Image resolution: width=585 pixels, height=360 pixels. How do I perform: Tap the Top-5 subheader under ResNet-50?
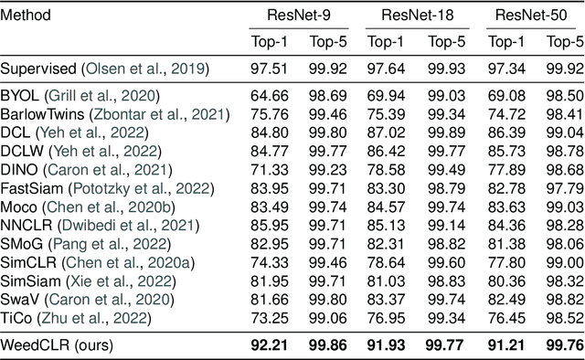pyautogui.click(x=564, y=42)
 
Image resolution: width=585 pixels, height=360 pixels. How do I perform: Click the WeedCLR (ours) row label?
pyautogui.click(x=54, y=346)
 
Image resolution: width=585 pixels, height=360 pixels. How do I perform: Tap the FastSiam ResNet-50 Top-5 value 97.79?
pyautogui.click(x=564, y=188)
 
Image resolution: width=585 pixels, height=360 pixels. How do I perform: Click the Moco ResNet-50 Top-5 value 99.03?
pyautogui.click(x=564, y=206)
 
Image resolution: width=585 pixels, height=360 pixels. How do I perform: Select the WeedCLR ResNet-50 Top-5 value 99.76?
pyautogui.click(x=564, y=346)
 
